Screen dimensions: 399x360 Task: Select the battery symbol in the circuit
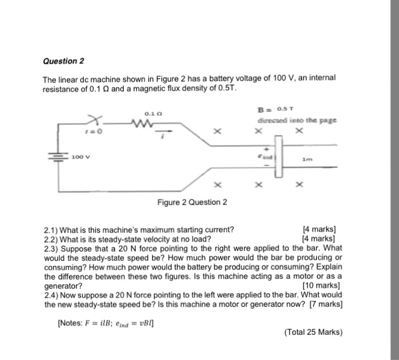[x=58, y=156]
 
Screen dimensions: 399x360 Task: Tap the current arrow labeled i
[x=165, y=130]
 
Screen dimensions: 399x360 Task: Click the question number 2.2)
[x=51, y=238]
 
